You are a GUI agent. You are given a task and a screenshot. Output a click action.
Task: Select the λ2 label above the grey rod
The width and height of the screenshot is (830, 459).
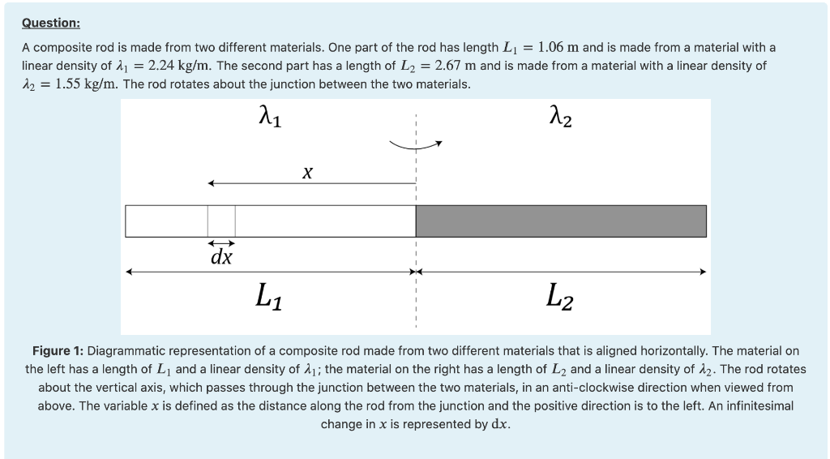(562, 121)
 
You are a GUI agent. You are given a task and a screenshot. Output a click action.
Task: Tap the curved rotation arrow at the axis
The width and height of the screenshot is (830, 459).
(417, 145)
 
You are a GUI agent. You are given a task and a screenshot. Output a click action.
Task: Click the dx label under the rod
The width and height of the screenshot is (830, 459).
(221, 258)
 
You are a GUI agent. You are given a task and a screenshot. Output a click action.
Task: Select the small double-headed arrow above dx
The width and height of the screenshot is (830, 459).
(221, 243)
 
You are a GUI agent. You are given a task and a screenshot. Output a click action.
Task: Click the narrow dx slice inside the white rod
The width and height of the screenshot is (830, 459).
(221, 221)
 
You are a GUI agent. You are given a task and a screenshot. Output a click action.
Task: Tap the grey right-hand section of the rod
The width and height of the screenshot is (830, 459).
(561, 221)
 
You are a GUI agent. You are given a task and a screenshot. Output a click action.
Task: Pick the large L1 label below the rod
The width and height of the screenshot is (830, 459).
(268, 295)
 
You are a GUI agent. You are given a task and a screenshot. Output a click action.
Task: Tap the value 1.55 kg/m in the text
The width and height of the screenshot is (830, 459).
(78, 84)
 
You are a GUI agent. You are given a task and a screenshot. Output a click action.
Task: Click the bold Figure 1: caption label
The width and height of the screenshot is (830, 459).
(58, 351)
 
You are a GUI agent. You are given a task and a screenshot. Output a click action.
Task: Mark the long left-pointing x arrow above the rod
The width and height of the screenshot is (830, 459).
(311, 184)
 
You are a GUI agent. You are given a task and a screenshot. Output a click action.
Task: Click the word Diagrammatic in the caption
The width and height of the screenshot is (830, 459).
(126, 351)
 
